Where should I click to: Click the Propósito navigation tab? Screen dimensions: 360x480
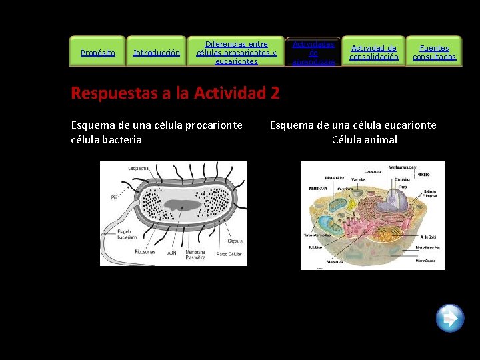point(97,52)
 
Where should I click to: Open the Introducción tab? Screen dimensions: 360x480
point(157,52)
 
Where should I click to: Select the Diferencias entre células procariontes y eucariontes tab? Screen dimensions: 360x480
point(236,52)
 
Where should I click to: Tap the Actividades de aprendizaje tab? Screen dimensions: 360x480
point(313,52)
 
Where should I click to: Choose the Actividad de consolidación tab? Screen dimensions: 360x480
point(374,52)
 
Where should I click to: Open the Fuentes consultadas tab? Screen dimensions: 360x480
point(434,52)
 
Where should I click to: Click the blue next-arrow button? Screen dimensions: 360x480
point(450,317)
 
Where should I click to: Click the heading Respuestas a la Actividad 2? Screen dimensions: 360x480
point(175,93)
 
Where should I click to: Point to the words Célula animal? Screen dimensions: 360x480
point(365,140)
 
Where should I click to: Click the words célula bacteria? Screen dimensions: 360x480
point(107,139)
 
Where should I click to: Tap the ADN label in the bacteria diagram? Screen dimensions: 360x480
point(172,253)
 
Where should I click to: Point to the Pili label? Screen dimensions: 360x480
point(114,197)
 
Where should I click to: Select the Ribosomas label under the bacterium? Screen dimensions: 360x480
point(144,252)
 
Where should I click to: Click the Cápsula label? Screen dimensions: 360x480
point(235,241)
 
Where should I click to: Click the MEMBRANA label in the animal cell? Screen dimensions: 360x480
point(318,189)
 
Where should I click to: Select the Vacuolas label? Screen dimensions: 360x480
point(358,180)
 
